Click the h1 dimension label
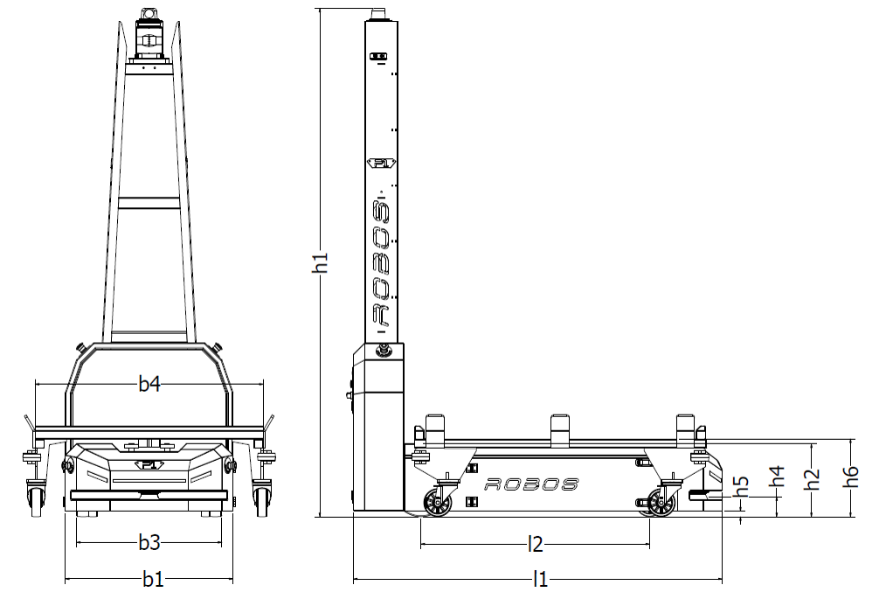pyautogui.click(x=321, y=262)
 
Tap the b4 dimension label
pyautogui.click(x=149, y=384)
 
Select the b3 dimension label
pyautogui.click(x=149, y=542)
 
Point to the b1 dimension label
pyautogui.click(x=153, y=579)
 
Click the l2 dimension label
pyautogui.click(x=535, y=544)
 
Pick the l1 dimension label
pyautogui.click(x=541, y=579)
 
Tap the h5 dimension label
pyautogui.click(x=741, y=487)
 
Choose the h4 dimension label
pyautogui.click(x=778, y=477)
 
